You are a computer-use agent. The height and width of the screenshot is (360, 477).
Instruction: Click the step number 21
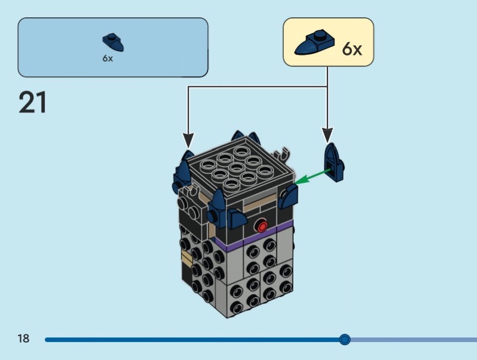(33, 103)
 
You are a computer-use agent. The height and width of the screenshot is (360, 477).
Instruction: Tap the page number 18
(23, 339)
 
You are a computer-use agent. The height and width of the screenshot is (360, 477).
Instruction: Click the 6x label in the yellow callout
(352, 48)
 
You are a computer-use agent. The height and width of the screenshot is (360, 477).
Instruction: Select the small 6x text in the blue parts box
(107, 58)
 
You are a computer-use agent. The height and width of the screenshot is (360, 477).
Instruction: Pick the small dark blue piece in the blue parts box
(113, 42)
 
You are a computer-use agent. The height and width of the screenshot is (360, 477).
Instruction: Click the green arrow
(313, 176)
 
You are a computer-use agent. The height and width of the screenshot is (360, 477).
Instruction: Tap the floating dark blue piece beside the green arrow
(335, 162)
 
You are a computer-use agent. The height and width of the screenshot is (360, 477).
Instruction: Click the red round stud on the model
(261, 226)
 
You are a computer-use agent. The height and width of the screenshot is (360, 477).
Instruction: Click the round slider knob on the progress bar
(345, 340)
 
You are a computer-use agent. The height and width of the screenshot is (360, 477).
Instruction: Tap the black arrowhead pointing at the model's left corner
(188, 141)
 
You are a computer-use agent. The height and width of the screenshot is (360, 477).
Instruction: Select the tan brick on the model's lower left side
(187, 258)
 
